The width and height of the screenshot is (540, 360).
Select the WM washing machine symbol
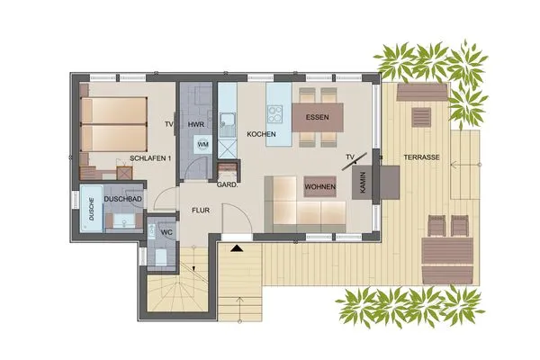pos(202,144)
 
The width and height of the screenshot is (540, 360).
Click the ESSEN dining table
pos(317,117)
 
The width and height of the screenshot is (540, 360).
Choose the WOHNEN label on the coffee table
pos(320,186)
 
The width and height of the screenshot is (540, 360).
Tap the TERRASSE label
pos(421,157)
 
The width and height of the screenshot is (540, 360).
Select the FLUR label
pos(199,213)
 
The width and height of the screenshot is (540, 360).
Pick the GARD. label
pos(227,185)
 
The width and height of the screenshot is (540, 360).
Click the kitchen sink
pos(227,118)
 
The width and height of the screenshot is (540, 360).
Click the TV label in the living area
pos(349,160)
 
